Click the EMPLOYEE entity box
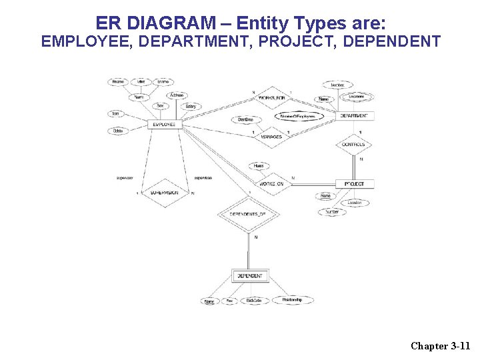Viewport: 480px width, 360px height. click(x=164, y=125)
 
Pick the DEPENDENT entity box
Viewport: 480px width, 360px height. click(x=249, y=276)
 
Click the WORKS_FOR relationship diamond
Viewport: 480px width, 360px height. click(x=271, y=99)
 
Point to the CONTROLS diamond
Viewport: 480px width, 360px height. click(x=353, y=145)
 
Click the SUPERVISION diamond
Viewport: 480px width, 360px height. click(x=164, y=193)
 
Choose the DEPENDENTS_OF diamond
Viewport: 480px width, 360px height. click(x=248, y=214)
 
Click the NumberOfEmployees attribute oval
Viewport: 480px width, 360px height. click(x=298, y=117)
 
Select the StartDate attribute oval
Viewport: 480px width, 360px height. click(x=245, y=120)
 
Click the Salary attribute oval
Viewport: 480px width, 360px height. click(x=191, y=107)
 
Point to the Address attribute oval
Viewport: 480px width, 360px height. click(x=177, y=95)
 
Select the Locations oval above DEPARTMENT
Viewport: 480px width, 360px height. click(x=356, y=97)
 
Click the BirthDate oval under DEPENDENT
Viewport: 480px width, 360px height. click(x=254, y=301)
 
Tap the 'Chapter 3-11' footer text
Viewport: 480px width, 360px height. click(x=440, y=345)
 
